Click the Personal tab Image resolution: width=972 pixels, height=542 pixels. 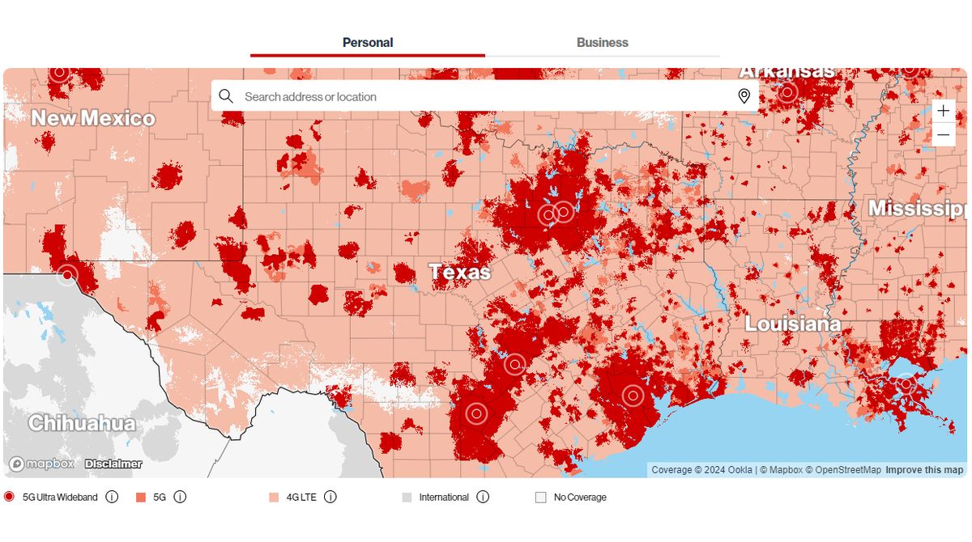[x=368, y=43]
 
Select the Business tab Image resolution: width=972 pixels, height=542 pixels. [x=602, y=43]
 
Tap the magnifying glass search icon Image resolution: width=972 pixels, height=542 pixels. [x=226, y=96]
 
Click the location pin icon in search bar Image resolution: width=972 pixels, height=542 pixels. [x=744, y=96]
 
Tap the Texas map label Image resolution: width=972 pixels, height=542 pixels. [x=460, y=272]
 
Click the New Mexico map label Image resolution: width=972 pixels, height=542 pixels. [x=93, y=119]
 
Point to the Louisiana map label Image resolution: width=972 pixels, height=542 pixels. [x=792, y=324]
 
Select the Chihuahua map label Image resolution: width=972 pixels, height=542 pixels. [x=82, y=423]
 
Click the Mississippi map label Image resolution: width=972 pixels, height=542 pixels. [x=918, y=209]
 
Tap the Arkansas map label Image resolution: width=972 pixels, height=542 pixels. [x=787, y=72]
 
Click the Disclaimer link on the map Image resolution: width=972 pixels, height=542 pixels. [x=113, y=464]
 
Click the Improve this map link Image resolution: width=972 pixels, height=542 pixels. [x=924, y=470]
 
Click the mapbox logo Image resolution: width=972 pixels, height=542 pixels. [x=42, y=464]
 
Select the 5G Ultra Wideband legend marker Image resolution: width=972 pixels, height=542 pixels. [x=9, y=497]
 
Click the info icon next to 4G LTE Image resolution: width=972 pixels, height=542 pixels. [x=330, y=497]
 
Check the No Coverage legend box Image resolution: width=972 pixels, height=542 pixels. [x=540, y=498]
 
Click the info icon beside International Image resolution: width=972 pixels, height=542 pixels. [x=483, y=497]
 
